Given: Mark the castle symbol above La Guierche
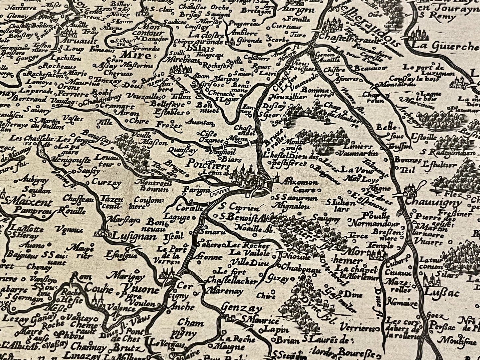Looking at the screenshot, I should coord(419,34).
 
